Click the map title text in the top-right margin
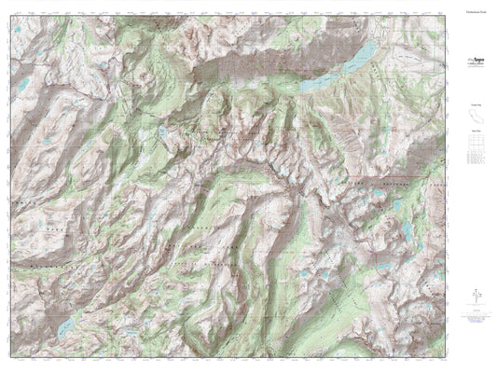coord(476,16)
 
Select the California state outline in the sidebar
coord(476,117)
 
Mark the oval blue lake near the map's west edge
coord(21,90)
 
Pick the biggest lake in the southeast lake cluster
coord(410,228)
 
